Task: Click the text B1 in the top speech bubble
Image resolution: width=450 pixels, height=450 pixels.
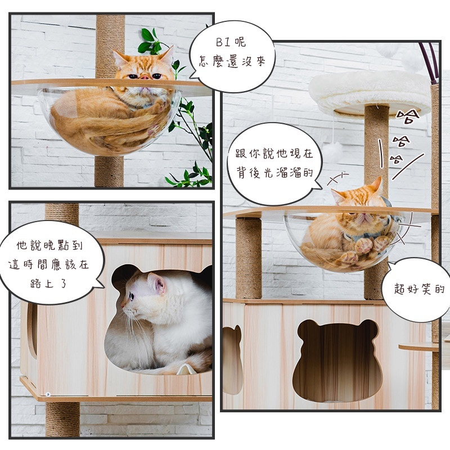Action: [223, 43]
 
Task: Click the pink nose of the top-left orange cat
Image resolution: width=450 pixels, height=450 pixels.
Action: [145, 77]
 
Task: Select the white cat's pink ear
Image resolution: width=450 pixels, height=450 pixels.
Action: [158, 283]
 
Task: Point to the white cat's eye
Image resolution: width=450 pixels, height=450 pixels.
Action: [132, 296]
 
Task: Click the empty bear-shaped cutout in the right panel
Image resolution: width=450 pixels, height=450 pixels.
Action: [338, 360]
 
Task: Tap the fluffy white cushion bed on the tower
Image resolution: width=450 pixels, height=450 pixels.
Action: [370, 92]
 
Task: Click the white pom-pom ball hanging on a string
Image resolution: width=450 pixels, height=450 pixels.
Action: [333, 151]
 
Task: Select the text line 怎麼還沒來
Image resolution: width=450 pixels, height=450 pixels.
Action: [232, 61]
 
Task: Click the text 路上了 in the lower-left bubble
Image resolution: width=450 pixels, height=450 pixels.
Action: [48, 283]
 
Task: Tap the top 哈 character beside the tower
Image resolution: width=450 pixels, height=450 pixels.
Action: [407, 116]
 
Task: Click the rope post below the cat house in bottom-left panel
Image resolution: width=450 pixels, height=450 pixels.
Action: [62, 418]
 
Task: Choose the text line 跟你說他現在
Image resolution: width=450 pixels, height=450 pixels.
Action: [274, 154]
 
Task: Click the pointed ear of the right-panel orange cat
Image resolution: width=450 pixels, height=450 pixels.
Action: [377, 184]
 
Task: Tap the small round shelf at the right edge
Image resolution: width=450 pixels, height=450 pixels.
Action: [419, 347]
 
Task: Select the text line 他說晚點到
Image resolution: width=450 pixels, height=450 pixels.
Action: [49, 245]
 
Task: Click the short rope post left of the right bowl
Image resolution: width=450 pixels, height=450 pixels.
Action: [249, 258]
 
